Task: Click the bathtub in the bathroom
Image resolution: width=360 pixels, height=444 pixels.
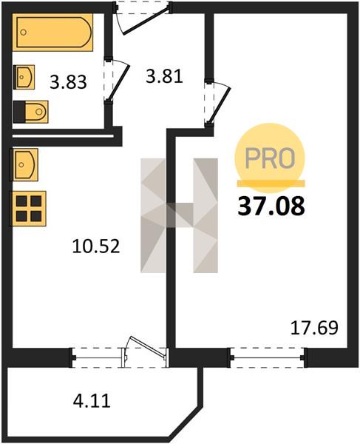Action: pyautogui.click(x=52, y=33)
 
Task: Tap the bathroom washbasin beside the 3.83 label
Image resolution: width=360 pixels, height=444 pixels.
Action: pyautogui.click(x=24, y=77)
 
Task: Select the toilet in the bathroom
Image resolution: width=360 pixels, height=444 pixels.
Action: pyautogui.click(x=30, y=112)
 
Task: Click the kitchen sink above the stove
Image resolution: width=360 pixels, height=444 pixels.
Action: pyautogui.click(x=24, y=164)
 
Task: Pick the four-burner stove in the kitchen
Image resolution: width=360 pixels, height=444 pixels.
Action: pyautogui.click(x=28, y=209)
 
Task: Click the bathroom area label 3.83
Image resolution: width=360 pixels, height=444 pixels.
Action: pyautogui.click(x=68, y=82)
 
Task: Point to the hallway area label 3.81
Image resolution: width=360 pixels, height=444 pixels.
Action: pyautogui.click(x=164, y=76)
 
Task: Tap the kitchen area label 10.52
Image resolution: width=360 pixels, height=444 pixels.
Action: pyautogui.click(x=96, y=246)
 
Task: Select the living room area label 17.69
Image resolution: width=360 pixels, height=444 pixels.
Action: pyautogui.click(x=314, y=328)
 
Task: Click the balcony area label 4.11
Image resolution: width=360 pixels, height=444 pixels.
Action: pyautogui.click(x=92, y=400)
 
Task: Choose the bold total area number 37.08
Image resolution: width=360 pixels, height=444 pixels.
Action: pyautogui.click(x=271, y=206)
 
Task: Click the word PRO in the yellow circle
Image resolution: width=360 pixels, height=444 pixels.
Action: pyautogui.click(x=270, y=158)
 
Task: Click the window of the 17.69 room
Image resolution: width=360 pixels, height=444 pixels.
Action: pyautogui.click(x=268, y=357)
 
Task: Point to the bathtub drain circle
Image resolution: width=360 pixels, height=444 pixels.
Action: pyautogui.click(x=24, y=33)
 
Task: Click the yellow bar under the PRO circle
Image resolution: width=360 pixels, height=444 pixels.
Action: pyautogui.click(x=271, y=184)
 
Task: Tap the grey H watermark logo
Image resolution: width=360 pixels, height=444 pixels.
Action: pyautogui.click(x=180, y=215)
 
